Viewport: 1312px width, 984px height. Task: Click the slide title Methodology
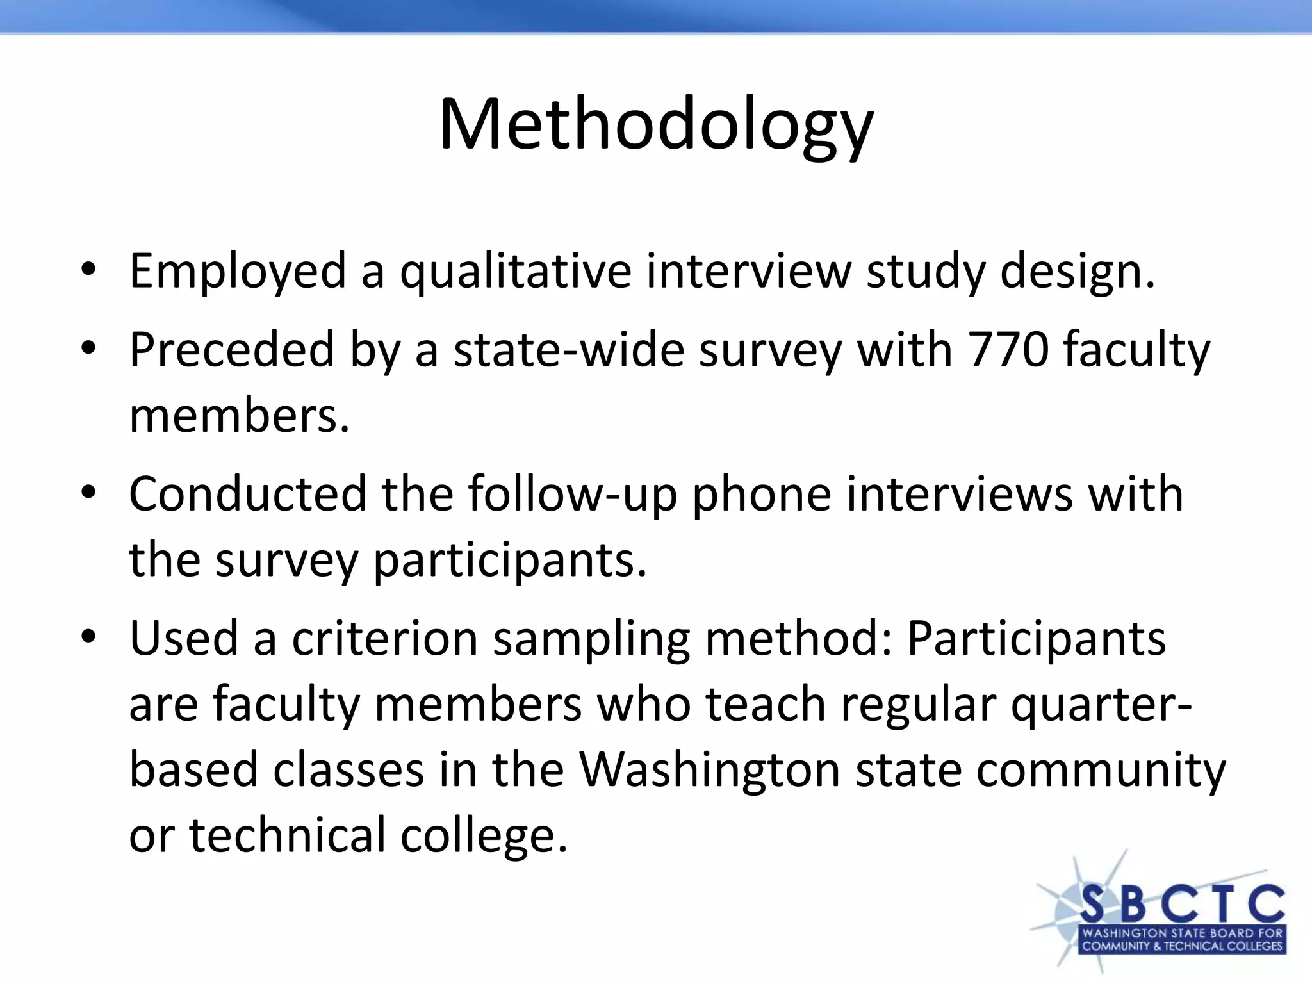[x=655, y=125]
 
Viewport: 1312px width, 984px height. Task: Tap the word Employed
[x=238, y=272]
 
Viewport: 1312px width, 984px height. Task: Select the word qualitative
[x=516, y=272]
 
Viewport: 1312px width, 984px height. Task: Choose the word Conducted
[x=247, y=495]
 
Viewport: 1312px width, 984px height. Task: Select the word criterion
[x=385, y=639]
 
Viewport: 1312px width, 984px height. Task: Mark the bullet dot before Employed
[x=88, y=269]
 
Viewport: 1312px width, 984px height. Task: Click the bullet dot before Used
[x=88, y=637]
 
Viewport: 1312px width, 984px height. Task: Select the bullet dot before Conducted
[x=88, y=493]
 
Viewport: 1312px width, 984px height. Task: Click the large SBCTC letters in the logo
[x=1183, y=904]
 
